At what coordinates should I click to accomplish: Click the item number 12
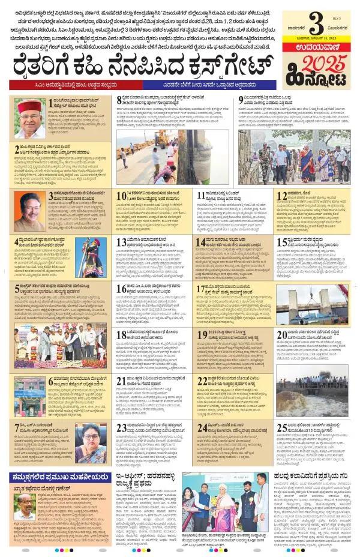click(281, 195)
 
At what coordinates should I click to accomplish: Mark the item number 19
click(202, 334)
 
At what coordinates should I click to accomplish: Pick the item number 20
click(281, 335)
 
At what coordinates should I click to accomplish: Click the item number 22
click(202, 381)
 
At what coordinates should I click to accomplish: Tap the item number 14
click(202, 242)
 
